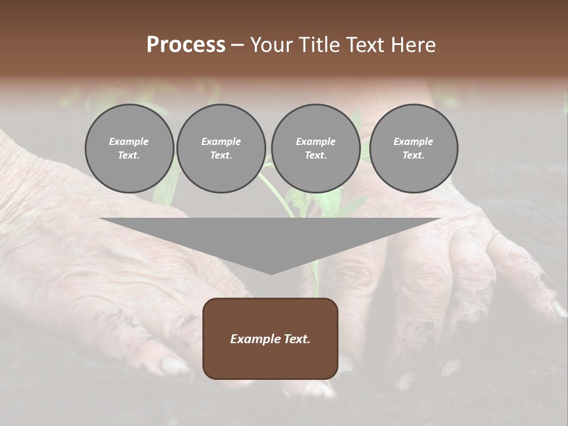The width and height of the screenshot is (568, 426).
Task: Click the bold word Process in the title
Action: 186,45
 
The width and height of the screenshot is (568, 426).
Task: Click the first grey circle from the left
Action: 129,149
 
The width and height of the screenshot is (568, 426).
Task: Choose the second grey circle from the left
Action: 221,149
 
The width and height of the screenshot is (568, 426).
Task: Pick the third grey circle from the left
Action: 315,149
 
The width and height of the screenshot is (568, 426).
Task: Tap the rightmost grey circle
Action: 413,149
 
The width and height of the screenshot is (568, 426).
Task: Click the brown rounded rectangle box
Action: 270,361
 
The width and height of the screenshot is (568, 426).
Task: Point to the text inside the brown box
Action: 270,339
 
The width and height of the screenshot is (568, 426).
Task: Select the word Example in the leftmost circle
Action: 129,141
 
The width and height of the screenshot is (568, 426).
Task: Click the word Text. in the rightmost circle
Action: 413,156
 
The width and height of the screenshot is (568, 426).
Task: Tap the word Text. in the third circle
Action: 315,156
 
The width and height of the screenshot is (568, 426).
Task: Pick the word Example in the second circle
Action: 221,141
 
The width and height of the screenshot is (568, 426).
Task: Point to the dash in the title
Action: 238,45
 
